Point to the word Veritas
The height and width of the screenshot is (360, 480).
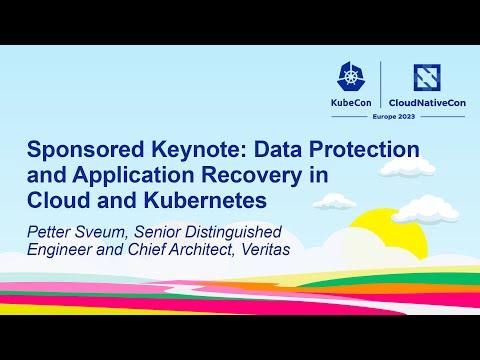click(255, 246)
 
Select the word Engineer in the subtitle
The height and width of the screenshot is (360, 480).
click(60, 246)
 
